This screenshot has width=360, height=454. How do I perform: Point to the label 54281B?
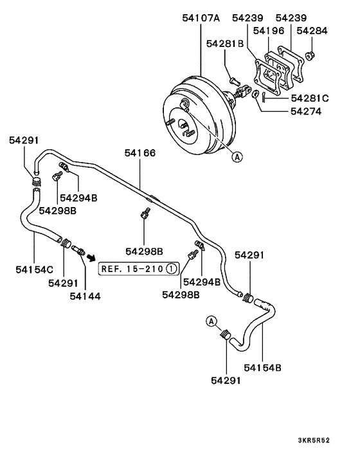(x=224, y=44)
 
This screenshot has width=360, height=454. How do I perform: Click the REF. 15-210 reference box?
(x=138, y=268)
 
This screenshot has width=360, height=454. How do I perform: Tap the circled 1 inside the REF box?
(x=170, y=268)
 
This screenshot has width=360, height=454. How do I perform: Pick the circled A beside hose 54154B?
(x=210, y=321)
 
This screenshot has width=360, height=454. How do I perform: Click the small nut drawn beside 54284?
(x=311, y=54)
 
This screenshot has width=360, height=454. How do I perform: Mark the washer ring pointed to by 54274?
(x=256, y=95)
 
